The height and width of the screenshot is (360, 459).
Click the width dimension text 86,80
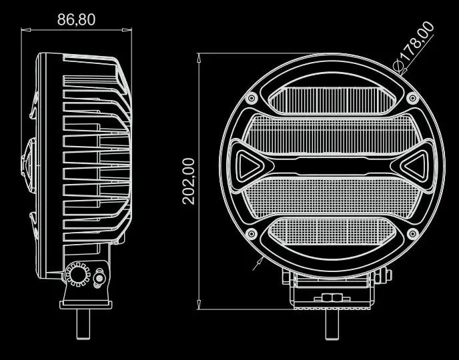pos(76,19)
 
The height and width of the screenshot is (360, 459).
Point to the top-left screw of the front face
pos(252,99)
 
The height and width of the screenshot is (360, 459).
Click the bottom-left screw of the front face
pos(252,234)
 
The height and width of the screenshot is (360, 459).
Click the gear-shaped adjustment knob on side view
pos(77,275)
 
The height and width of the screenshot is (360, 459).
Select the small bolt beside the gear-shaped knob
pos(100,277)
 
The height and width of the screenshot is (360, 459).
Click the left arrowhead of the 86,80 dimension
pos(24,30)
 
